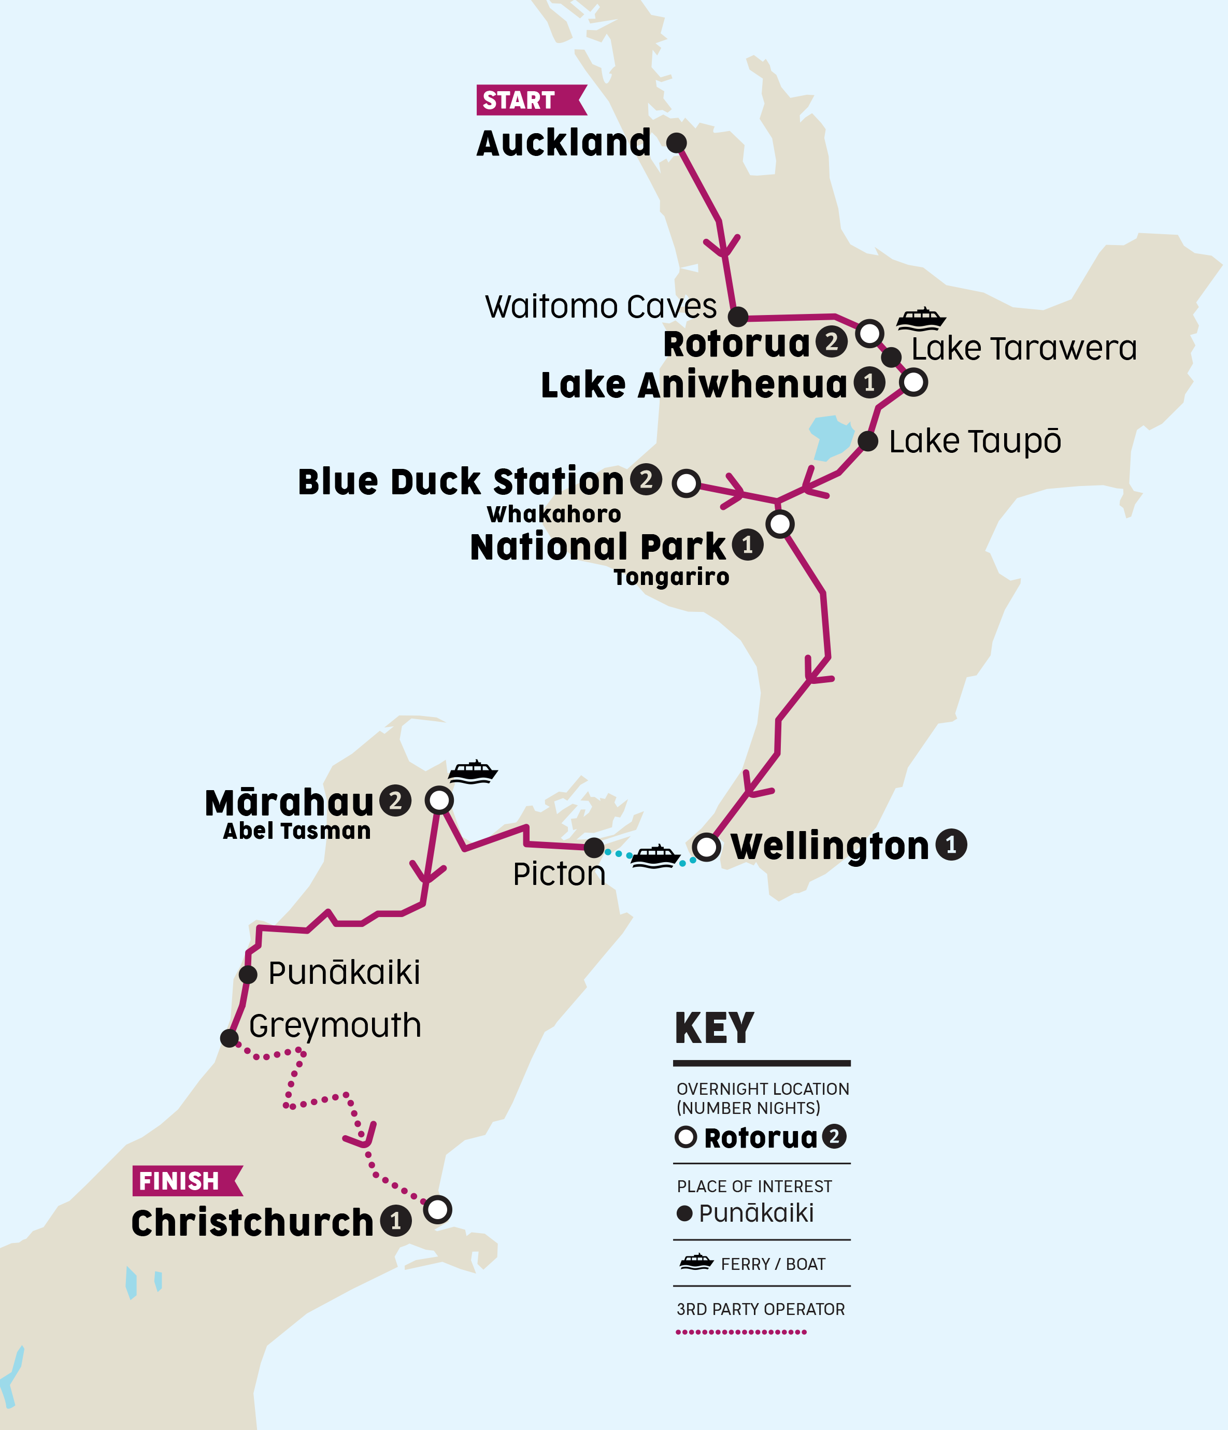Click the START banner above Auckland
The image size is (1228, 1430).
530,100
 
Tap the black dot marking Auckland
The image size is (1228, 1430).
677,143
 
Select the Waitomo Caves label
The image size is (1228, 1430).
601,306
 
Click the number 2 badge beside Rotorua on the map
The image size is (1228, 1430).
831,341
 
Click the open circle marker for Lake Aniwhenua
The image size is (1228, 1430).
913,382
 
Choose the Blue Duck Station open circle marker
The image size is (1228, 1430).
686,483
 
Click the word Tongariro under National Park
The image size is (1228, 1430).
671,577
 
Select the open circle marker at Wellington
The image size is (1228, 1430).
706,847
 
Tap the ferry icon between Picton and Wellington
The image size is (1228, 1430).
655,856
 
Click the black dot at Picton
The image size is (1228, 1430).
594,848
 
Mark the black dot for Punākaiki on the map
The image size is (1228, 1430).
248,975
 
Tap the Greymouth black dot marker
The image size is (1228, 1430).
229,1037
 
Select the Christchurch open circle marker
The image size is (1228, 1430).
438,1209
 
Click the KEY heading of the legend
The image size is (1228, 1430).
714,1028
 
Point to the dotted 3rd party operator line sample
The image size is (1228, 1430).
740,1332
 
